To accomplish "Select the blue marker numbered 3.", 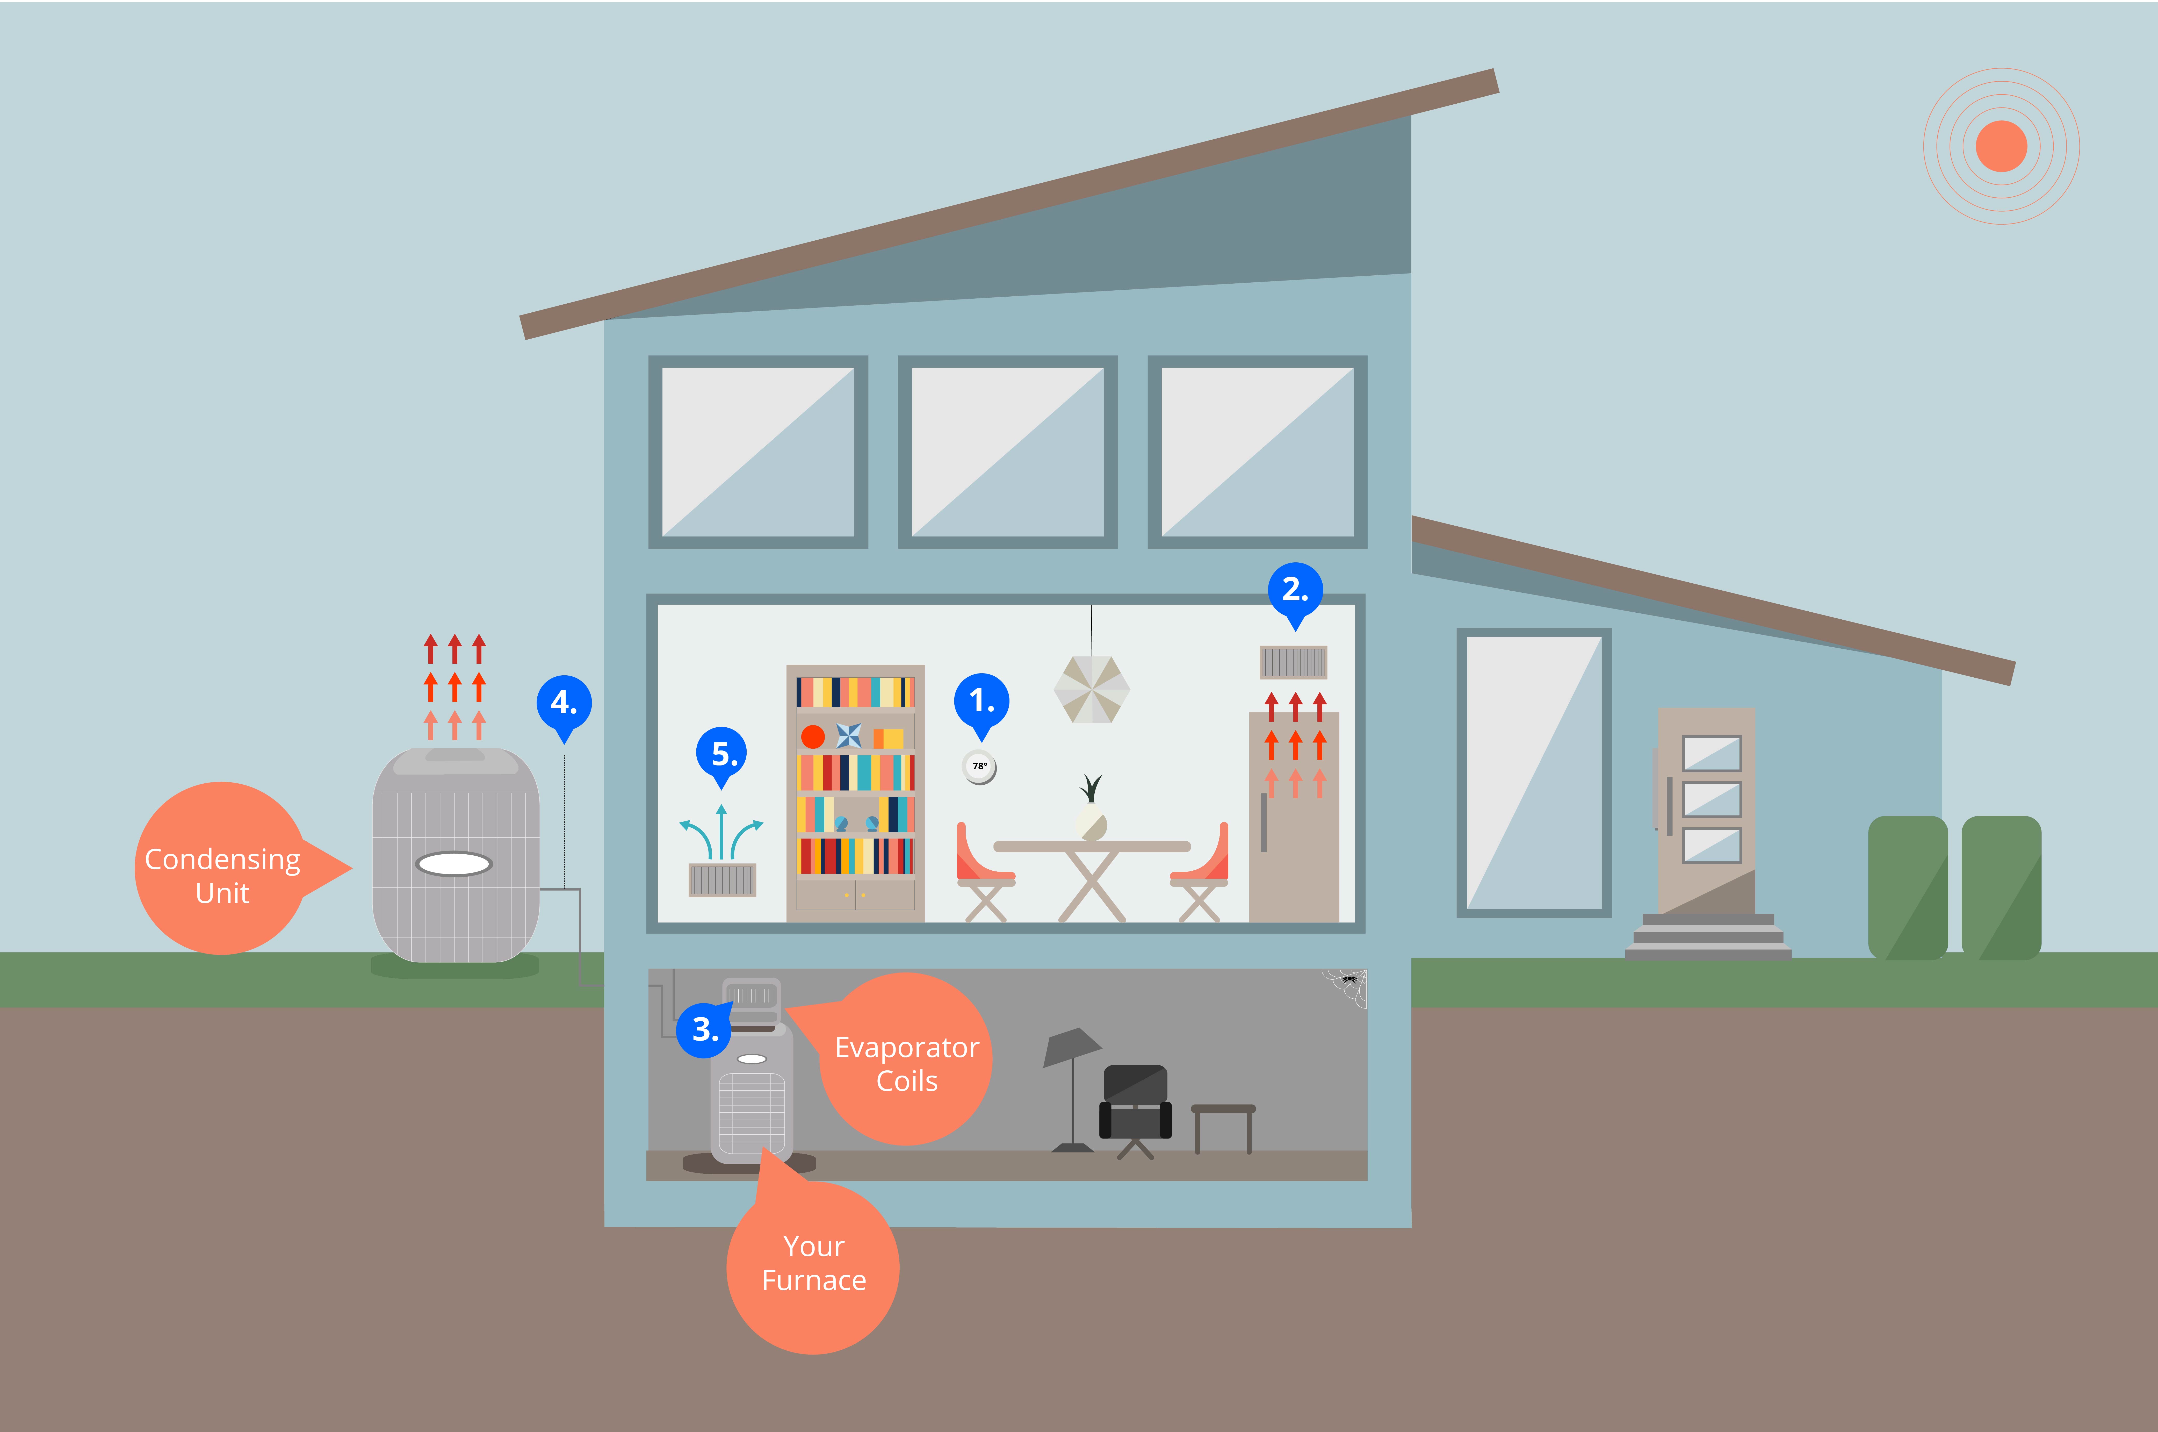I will point(704,1029).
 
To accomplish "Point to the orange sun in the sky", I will point(2001,146).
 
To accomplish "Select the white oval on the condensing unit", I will point(454,863).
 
